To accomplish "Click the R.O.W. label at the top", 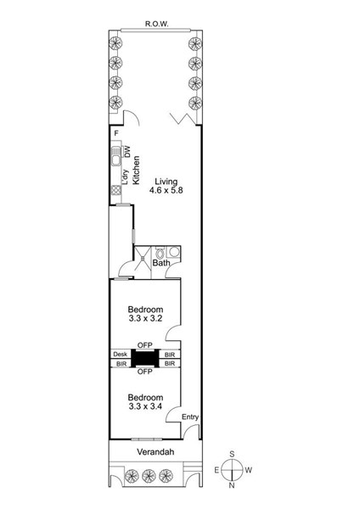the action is pos(156,24).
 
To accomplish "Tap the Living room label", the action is pos(166,182).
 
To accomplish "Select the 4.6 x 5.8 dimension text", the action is pos(166,190).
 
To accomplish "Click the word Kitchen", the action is pos(137,171).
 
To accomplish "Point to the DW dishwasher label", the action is pos(127,152).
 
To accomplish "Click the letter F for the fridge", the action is pos(116,133).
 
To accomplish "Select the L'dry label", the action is pos(126,178).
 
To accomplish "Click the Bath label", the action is pos(161,263).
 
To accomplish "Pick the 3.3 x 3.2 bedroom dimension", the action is pos(145,318).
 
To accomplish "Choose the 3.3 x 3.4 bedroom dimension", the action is pos(145,406).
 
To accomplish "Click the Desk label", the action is pos(121,354).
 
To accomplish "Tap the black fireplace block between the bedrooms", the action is pos(144,358).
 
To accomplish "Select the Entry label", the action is pos(190,417).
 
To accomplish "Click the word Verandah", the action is pos(155,452).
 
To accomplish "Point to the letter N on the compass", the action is pos(232,485).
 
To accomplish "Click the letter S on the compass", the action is pos(232,454).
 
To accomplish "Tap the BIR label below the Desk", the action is pos(121,364).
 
